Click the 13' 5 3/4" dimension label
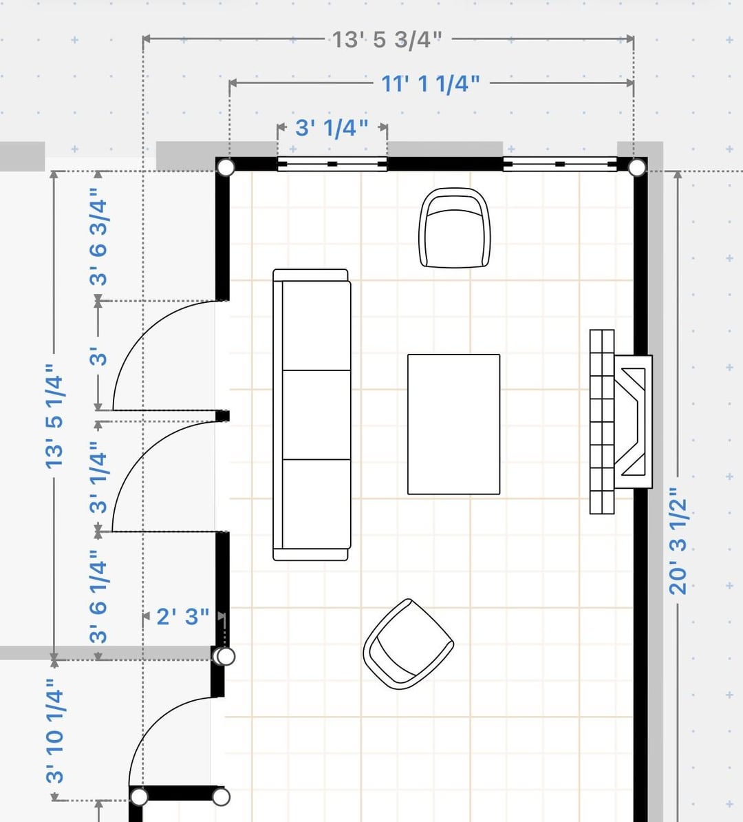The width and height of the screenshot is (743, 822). pos(387,40)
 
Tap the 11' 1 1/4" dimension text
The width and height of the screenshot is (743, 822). pos(430,84)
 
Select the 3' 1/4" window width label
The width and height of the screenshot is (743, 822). pos(332,128)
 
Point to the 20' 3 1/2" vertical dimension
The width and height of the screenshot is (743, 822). pos(678,541)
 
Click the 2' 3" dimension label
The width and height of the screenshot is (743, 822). pos(183,617)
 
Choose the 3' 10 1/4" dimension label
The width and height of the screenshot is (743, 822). pos(54,730)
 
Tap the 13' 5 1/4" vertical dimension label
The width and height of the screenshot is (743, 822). pos(54,416)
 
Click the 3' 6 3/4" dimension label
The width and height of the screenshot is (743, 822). pos(98,242)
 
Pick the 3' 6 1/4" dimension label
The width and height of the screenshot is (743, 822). pos(98,597)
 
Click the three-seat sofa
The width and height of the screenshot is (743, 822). pos(312,414)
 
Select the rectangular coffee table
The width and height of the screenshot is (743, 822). pos(454,424)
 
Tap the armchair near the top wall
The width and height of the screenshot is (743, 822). pos(455,227)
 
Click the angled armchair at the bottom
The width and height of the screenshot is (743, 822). pos(408,644)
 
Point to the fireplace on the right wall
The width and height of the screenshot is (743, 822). pos(621,421)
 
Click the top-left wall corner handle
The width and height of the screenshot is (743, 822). pos(226,167)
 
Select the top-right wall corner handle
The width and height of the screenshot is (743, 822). pos(637,168)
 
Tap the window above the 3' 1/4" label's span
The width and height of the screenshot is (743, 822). pos(332,164)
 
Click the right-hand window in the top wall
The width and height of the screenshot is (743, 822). pos(560,164)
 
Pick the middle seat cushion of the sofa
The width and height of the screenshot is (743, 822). pos(316,414)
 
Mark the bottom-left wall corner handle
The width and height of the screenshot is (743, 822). pos(139,797)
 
